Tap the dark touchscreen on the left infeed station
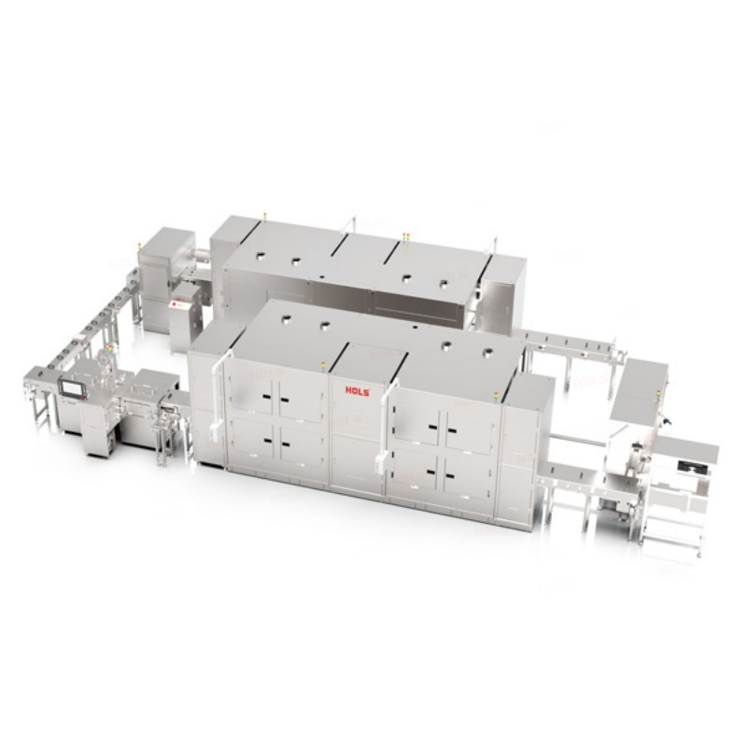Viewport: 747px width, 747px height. tap(71, 384)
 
